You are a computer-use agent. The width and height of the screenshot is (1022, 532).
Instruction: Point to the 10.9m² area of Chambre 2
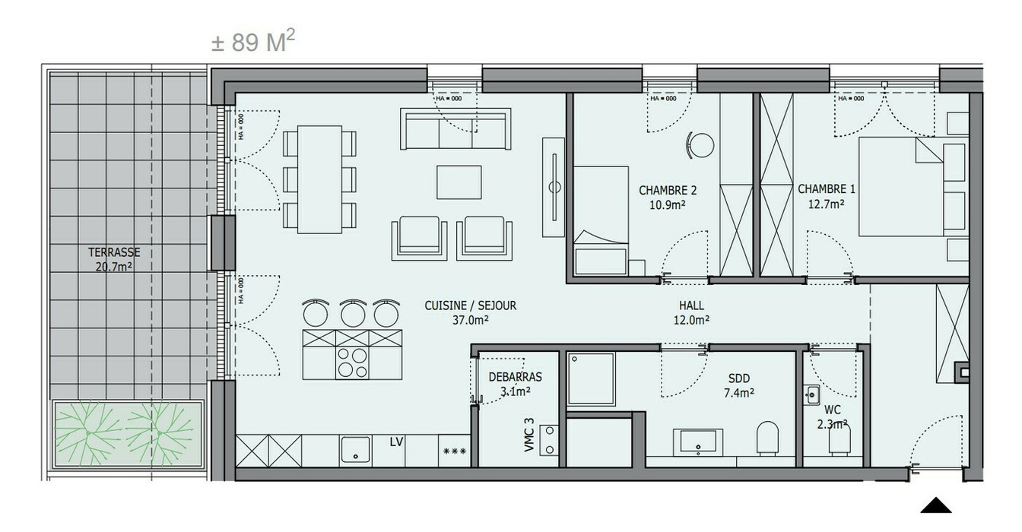[x=668, y=205]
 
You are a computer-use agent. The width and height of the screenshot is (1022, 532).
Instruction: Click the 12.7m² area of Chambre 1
[x=822, y=204]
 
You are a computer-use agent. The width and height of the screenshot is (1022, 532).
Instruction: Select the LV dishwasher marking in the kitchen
[x=395, y=442]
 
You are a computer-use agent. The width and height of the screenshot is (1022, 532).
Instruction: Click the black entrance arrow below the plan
[x=937, y=506]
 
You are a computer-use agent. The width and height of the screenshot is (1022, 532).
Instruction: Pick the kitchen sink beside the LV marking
[x=355, y=449]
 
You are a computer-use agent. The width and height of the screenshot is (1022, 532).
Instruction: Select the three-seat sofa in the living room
[x=455, y=130]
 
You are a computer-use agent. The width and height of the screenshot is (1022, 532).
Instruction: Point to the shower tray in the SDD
[x=591, y=378]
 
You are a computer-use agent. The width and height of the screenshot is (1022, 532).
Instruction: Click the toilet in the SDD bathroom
[x=769, y=439]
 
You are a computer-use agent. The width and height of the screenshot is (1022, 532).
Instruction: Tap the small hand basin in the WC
[x=812, y=394]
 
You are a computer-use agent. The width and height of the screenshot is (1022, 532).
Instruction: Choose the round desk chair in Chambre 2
[x=700, y=144]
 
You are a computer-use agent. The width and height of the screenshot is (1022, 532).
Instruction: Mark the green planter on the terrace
[x=127, y=435]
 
